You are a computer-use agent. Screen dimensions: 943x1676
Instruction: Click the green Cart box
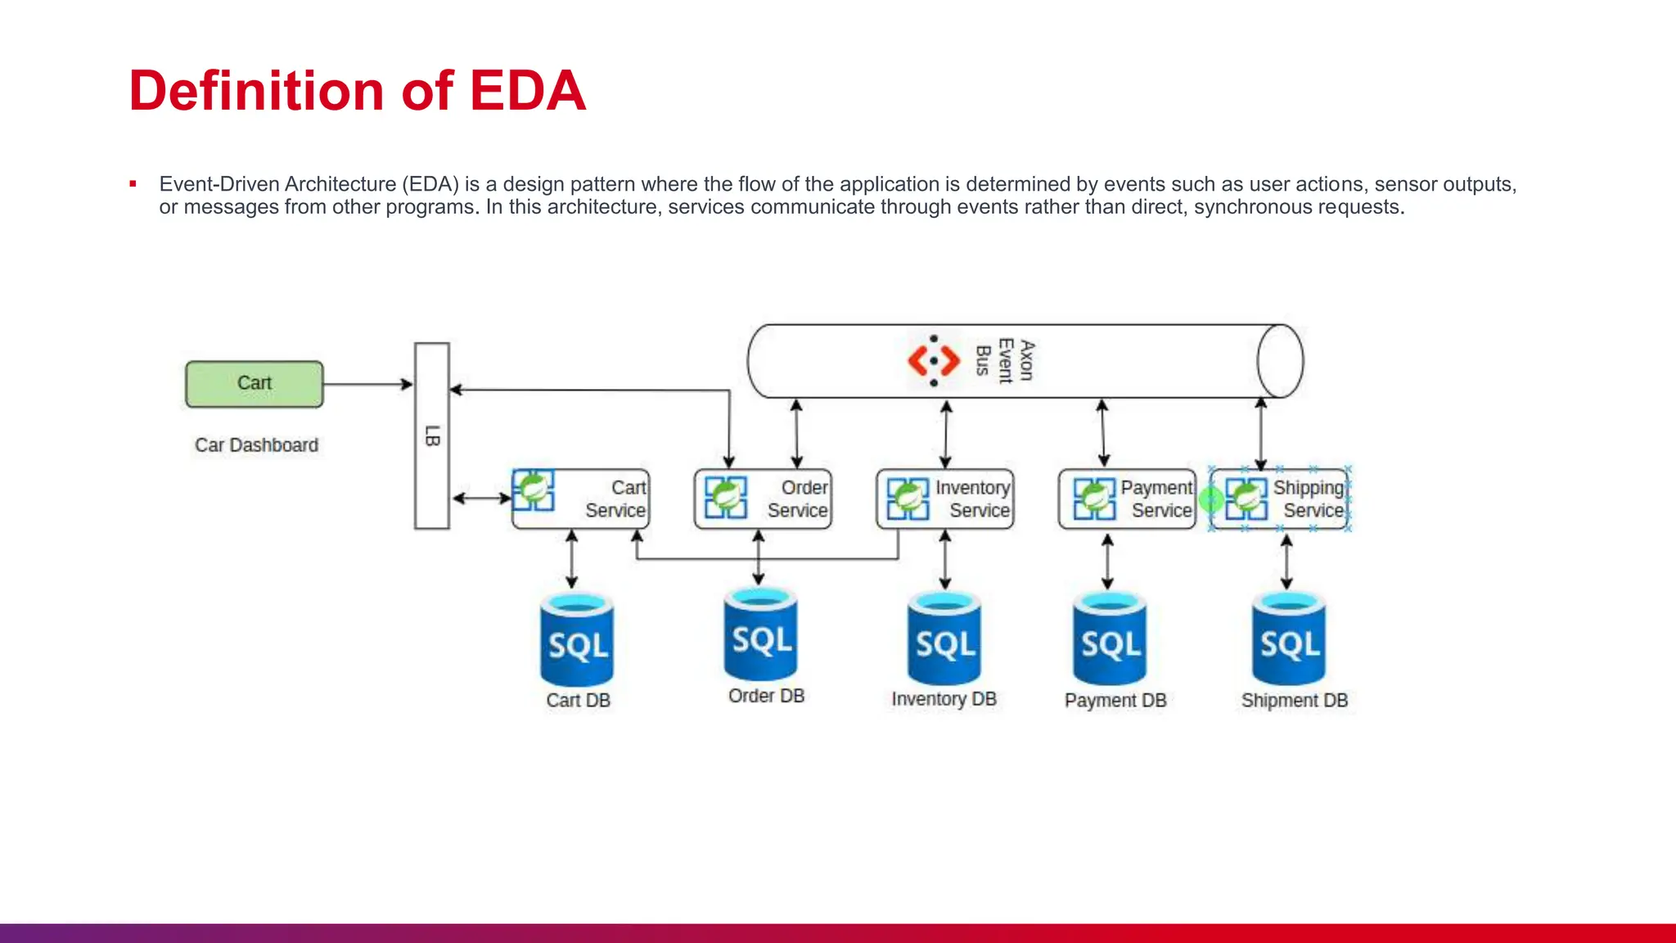[x=255, y=384]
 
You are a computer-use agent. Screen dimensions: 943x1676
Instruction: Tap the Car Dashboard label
[x=256, y=445]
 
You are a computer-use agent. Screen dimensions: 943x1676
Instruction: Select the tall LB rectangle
[x=432, y=435]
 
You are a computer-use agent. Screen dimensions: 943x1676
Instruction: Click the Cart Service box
[x=581, y=499]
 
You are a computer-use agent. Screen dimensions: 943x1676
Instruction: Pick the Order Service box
[x=763, y=499]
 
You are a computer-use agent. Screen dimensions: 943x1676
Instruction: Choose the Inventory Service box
[x=945, y=499]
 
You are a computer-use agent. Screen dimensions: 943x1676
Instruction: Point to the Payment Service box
[x=1127, y=499]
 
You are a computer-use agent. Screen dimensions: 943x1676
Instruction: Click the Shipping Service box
[x=1279, y=499]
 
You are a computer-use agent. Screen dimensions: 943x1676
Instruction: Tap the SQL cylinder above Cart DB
[x=577, y=641]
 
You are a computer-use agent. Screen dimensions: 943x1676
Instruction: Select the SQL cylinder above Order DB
[x=760, y=635]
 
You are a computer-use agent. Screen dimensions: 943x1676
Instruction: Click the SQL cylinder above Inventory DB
[x=944, y=639]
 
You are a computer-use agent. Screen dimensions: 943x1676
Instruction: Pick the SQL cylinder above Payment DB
[x=1110, y=639]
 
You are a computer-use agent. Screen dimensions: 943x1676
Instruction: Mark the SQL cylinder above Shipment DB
[x=1289, y=639]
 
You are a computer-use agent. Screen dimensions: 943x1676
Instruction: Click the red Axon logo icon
[x=934, y=360]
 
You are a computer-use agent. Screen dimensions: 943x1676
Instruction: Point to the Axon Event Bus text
[x=1005, y=360]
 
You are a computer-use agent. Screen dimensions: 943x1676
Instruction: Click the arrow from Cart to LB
[x=367, y=384]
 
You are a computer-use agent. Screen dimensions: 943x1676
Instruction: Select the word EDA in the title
[x=527, y=90]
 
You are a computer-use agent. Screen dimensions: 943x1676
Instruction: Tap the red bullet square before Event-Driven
[x=133, y=184]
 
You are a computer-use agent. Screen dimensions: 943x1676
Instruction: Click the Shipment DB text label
[x=1294, y=701]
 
